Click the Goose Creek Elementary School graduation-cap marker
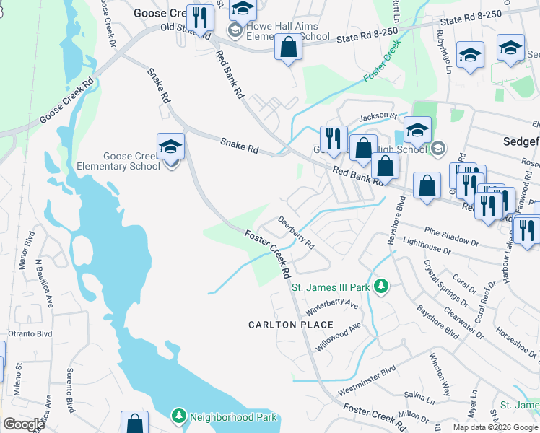pyautogui.click(x=170, y=146)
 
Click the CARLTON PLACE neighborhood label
pyautogui.click(x=282, y=325)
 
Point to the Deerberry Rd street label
pyautogui.click(x=297, y=233)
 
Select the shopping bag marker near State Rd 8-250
pyautogui.click(x=288, y=48)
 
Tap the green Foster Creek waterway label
pyautogui.click(x=383, y=60)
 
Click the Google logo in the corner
pyautogui.click(x=23, y=424)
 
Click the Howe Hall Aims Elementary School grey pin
pyautogui.click(x=235, y=30)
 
